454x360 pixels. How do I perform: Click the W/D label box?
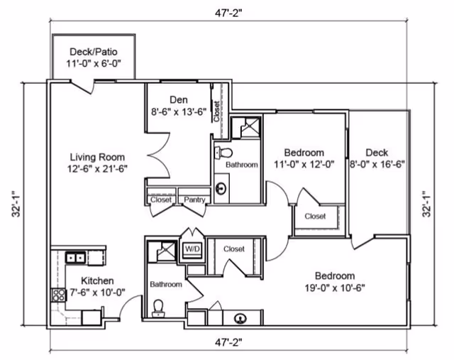pyautogui.click(x=192, y=249)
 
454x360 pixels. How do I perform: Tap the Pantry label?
pyautogui.click(x=194, y=200)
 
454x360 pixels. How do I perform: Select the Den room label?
pyautogui.click(x=179, y=99)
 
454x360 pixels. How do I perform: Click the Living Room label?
pyautogui.click(x=98, y=158)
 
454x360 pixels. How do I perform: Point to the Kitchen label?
pyautogui.click(x=97, y=280)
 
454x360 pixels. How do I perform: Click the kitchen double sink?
pyautogui.click(x=75, y=257)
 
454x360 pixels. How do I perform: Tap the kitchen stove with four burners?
pyautogui.click(x=58, y=295)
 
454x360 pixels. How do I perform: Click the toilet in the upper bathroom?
pyautogui.click(x=223, y=153)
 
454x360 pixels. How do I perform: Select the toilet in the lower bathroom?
pyautogui.click(x=158, y=308)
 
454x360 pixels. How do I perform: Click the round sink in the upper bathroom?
pyautogui.click(x=221, y=188)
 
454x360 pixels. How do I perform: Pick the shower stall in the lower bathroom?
pyautogui.click(x=162, y=251)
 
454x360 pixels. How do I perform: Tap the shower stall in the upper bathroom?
pyautogui.click(x=246, y=127)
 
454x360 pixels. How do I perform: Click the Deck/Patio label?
pyautogui.click(x=94, y=52)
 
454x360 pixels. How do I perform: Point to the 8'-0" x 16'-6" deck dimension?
pyautogui.click(x=377, y=165)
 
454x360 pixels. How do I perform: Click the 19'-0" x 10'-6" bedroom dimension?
pyautogui.click(x=335, y=288)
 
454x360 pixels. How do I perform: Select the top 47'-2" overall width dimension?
pyautogui.click(x=228, y=13)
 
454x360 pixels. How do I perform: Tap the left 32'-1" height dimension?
pyautogui.click(x=16, y=204)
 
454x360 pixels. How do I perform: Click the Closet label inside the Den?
pyautogui.click(x=216, y=111)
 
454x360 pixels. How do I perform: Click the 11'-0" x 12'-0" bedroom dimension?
pyautogui.click(x=304, y=165)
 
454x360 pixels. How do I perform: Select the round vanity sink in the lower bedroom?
pyautogui.click(x=240, y=319)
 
